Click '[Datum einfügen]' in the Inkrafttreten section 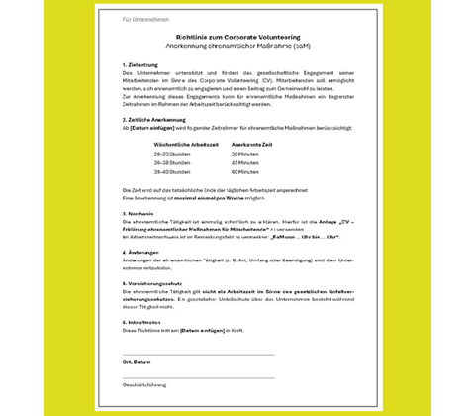click(x=202, y=329)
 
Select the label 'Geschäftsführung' click(x=144, y=384)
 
